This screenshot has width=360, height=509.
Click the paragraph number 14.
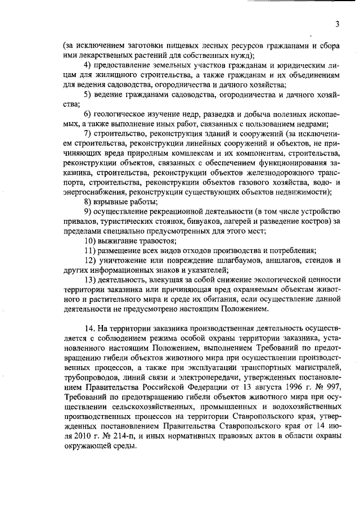point(88,328)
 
